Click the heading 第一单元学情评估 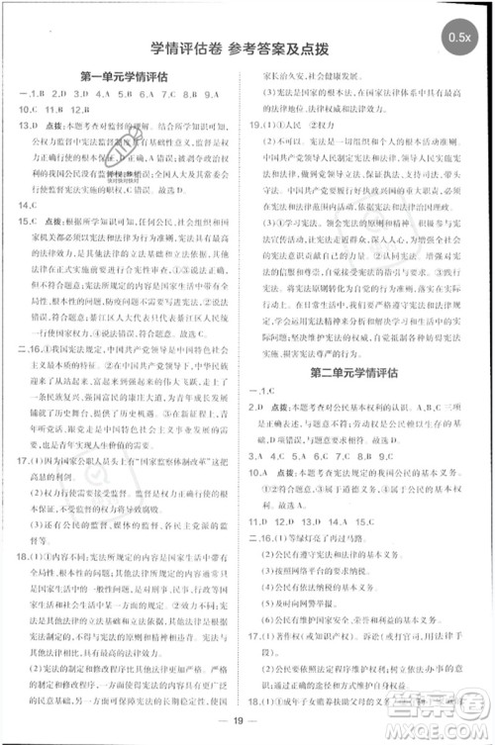[x=127, y=74]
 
